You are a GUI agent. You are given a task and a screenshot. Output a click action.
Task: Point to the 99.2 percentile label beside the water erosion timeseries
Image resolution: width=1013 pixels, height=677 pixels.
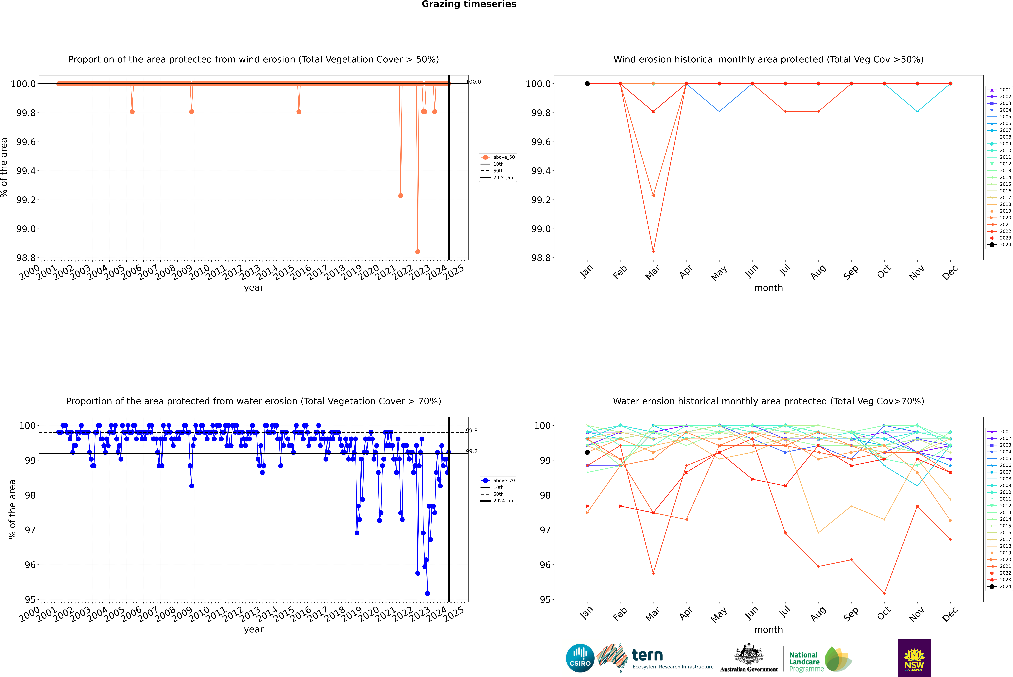pyautogui.click(x=472, y=451)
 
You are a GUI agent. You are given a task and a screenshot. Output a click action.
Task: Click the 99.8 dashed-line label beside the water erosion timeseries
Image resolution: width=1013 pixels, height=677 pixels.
pyautogui.click(x=472, y=430)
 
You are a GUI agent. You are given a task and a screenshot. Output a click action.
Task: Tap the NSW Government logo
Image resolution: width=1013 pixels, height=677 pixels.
pyautogui.click(x=914, y=658)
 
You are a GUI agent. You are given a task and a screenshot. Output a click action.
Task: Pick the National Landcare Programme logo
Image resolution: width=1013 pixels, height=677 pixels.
pyautogui.click(x=820, y=659)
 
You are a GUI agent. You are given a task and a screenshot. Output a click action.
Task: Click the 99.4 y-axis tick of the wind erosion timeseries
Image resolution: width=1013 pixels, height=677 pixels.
pyautogui.click(x=26, y=171)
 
